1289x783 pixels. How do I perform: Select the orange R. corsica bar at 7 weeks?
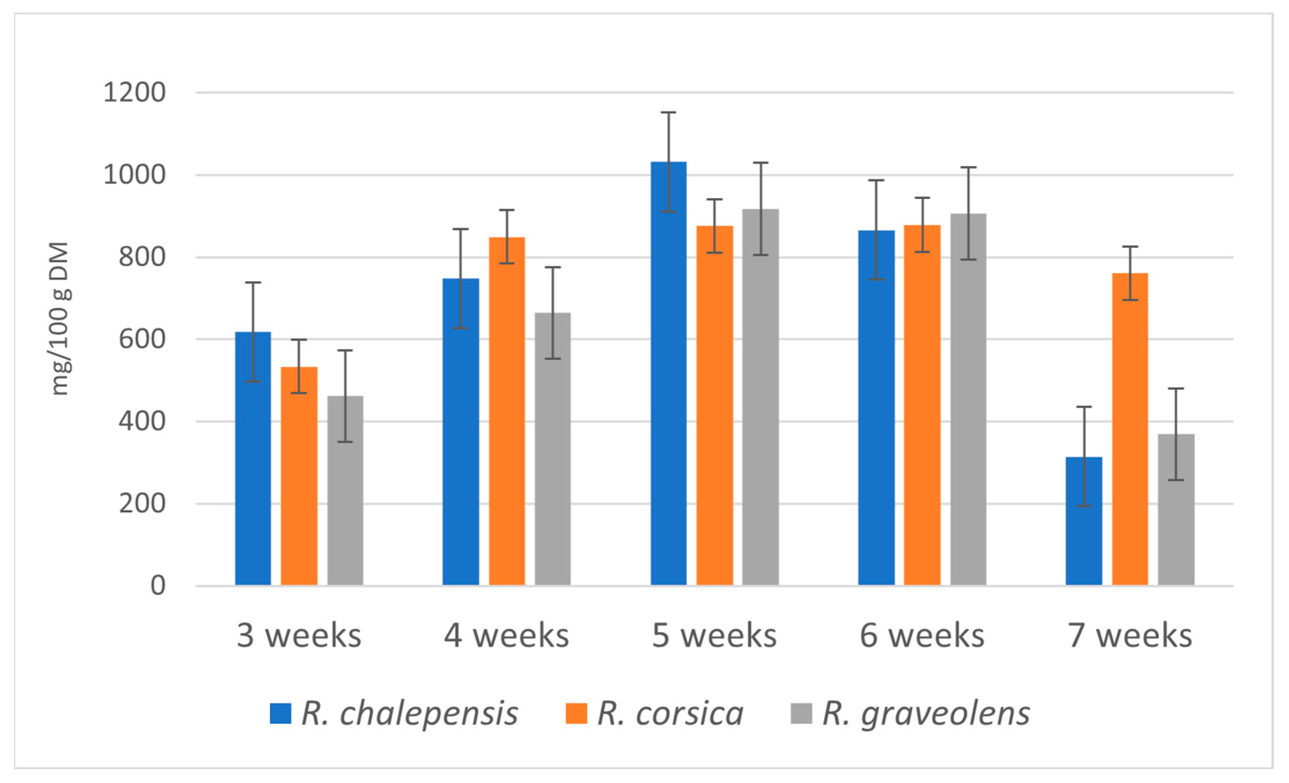pos(1130,429)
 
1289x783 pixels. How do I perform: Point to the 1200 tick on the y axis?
pos(134,93)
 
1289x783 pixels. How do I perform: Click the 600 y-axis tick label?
pos(142,339)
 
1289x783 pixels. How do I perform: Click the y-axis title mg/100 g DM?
pos(60,318)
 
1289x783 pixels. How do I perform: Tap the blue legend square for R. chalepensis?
pos(280,713)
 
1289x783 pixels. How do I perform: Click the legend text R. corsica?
pos(670,713)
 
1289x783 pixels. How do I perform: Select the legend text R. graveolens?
pos(926,713)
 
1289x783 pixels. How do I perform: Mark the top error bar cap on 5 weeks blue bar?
pos(668,113)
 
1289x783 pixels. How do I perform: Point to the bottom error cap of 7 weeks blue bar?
pos(1083,506)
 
